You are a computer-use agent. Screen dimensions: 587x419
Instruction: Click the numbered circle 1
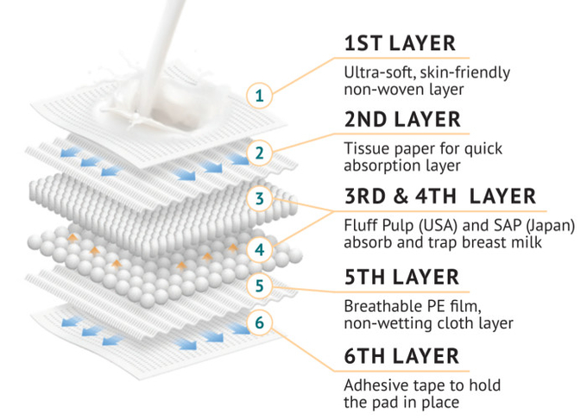click(260, 96)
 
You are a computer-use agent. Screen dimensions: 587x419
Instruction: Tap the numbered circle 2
click(260, 153)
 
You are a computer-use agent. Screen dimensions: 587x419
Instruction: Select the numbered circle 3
click(260, 198)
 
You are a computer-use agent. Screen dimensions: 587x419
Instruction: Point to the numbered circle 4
click(260, 249)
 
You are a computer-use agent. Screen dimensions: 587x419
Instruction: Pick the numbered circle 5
click(260, 286)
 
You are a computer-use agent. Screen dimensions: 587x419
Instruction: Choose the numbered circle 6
click(260, 322)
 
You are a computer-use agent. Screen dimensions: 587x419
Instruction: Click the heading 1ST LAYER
click(400, 43)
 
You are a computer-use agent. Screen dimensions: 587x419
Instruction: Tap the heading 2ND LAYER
click(402, 120)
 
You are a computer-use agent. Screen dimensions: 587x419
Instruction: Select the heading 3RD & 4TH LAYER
click(440, 197)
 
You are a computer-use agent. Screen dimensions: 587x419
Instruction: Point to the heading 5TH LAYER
click(401, 277)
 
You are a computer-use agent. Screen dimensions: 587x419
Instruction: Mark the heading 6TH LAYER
click(401, 356)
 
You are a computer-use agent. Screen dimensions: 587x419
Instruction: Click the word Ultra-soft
click(380, 72)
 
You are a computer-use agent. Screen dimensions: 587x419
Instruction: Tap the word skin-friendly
click(465, 73)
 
